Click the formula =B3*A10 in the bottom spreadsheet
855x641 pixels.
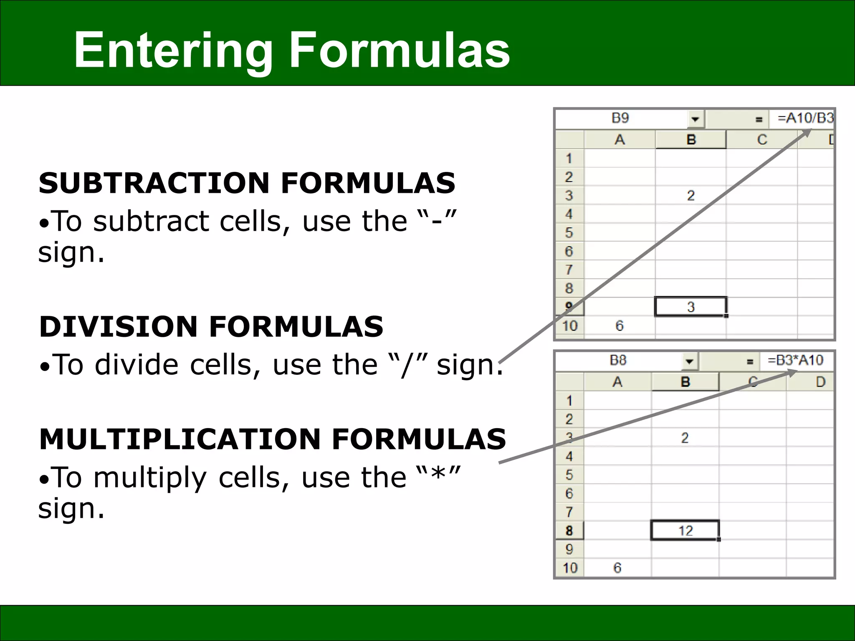[795, 360]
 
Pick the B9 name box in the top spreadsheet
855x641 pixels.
[620, 119]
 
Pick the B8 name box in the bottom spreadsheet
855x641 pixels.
[618, 361]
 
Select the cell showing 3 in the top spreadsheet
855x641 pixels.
[691, 307]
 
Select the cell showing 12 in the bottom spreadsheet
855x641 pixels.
[685, 530]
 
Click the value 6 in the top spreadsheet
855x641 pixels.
[620, 326]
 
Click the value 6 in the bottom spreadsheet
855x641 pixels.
[617, 568]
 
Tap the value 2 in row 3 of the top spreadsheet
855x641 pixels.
[691, 195]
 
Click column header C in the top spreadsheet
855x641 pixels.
[762, 139]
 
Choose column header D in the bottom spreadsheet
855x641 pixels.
[820, 381]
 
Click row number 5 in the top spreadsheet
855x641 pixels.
[569, 232]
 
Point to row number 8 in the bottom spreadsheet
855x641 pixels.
[569, 530]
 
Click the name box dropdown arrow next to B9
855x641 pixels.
[695, 119]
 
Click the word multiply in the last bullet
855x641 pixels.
[150, 477]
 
